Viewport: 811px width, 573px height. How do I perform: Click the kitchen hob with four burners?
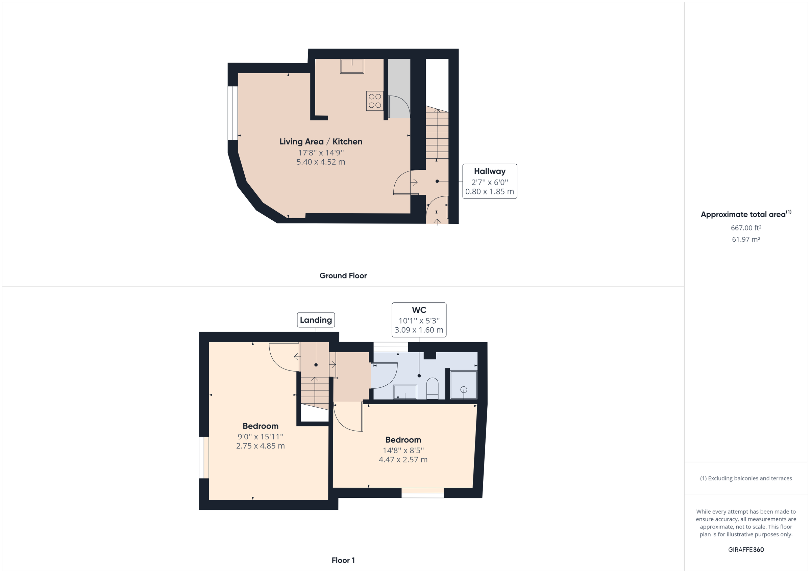375,101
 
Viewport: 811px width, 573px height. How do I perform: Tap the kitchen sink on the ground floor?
352,66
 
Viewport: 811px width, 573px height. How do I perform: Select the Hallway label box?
490,181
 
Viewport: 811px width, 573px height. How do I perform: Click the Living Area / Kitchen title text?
321,141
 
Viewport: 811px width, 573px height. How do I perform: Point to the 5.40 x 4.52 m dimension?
321,162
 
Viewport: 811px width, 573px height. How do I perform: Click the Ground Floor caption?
343,276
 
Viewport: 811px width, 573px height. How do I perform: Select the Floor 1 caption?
343,560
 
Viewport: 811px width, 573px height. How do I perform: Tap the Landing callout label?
316,320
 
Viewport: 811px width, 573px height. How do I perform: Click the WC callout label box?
419,320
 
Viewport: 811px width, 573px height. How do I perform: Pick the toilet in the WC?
432,388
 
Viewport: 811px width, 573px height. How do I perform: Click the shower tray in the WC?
463,385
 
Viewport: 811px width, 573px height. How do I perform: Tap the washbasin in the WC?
405,392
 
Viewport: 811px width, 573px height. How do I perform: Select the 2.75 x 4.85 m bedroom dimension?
260,446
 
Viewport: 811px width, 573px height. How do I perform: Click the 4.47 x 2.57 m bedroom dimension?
403,460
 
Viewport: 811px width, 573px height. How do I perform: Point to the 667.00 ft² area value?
746,228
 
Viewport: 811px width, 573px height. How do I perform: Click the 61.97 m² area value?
746,239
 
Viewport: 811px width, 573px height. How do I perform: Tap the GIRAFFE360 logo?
746,549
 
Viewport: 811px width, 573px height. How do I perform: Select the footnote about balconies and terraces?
746,478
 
